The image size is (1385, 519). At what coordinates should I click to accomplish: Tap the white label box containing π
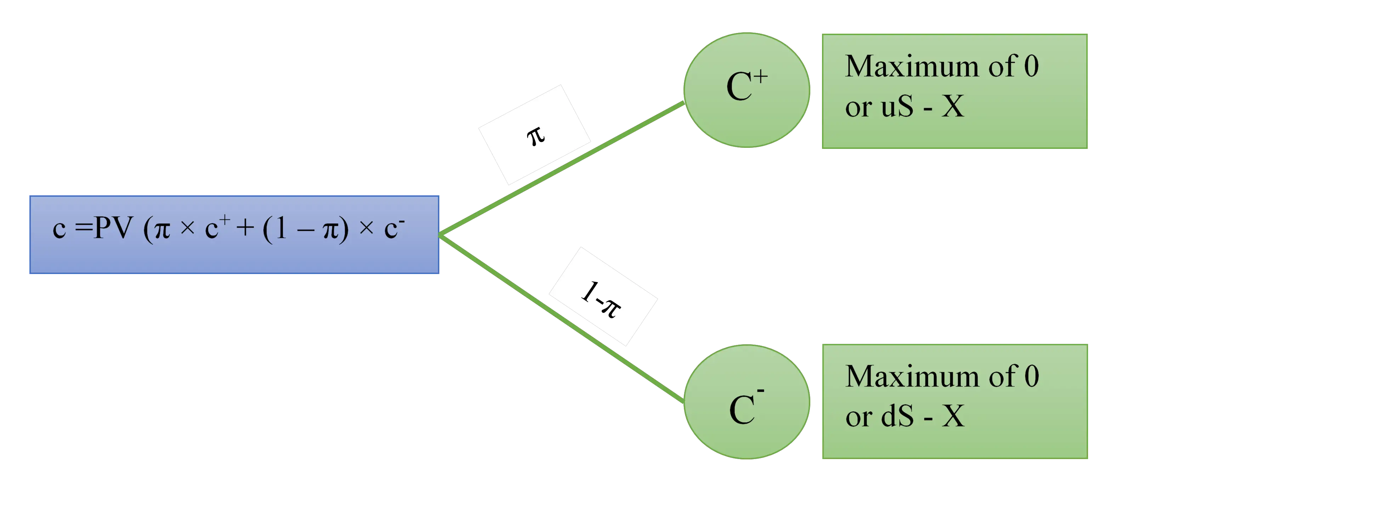pyautogui.click(x=534, y=134)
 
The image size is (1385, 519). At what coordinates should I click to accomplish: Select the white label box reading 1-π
pyautogui.click(x=602, y=296)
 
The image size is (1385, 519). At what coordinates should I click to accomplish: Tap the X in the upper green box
pyautogui.click(x=953, y=106)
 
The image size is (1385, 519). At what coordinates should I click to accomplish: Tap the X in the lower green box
pyautogui.click(x=953, y=416)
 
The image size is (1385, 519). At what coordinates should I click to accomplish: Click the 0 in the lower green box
pyautogui.click(x=1031, y=376)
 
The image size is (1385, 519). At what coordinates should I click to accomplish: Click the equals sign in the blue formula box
pyautogui.click(x=83, y=229)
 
